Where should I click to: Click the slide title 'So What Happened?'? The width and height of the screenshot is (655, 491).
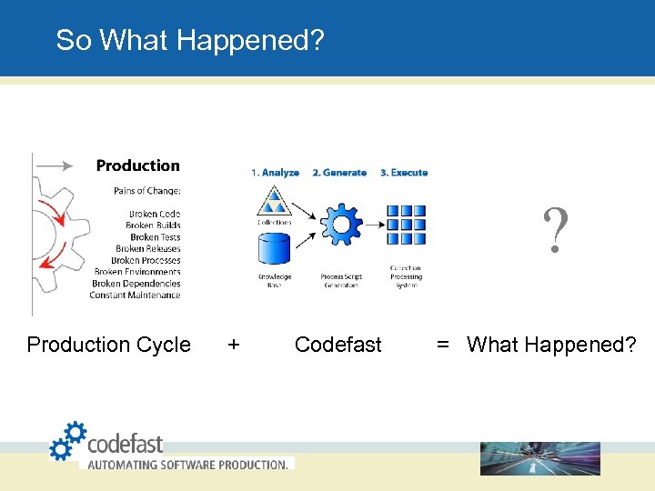pyautogui.click(x=189, y=40)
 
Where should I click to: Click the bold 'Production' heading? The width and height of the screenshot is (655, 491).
pyautogui.click(x=138, y=165)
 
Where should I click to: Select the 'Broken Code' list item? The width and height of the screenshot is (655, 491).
pyautogui.click(x=154, y=214)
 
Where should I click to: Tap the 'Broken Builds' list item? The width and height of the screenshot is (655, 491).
pyautogui.click(x=153, y=225)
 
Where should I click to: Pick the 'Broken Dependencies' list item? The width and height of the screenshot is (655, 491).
pyautogui.click(x=136, y=284)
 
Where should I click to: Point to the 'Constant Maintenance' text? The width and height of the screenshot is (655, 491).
pyautogui.click(x=135, y=295)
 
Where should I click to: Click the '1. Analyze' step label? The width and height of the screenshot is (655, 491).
pyautogui.click(x=274, y=173)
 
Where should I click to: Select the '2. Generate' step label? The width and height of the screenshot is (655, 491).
pyautogui.click(x=339, y=173)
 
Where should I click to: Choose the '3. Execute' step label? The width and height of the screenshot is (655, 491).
pyautogui.click(x=404, y=173)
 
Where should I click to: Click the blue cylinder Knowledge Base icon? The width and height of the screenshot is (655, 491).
pyautogui.click(x=274, y=248)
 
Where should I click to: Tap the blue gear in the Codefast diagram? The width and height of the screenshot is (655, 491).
pyautogui.click(x=341, y=224)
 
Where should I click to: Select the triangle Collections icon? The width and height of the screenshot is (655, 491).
pyautogui.click(x=274, y=201)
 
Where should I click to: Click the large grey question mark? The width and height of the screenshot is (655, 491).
pyautogui.click(x=556, y=232)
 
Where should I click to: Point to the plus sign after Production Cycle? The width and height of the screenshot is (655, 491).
pyautogui.click(x=234, y=345)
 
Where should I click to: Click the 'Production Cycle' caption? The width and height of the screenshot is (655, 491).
pyautogui.click(x=109, y=345)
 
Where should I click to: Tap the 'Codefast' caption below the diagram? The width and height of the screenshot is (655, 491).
pyautogui.click(x=338, y=345)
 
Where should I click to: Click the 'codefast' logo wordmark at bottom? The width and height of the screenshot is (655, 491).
pyautogui.click(x=125, y=444)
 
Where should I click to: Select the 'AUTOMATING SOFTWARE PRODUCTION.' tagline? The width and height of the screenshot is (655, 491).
pyautogui.click(x=187, y=464)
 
